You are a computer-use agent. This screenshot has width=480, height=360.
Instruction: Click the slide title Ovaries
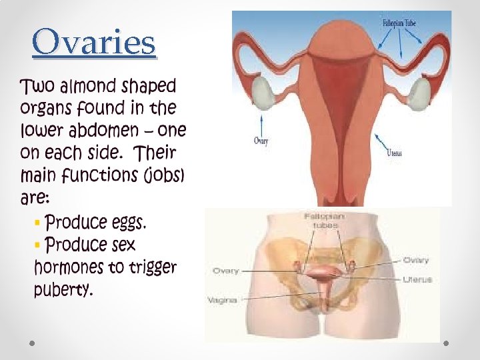pos(94,43)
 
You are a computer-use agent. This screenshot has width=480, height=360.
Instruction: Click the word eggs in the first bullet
pos(125,221)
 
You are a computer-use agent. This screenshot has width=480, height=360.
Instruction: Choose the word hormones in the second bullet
pos(68,267)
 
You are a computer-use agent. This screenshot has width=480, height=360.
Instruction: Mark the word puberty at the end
pos(63,290)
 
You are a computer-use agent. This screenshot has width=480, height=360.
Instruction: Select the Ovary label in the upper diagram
pos(261,141)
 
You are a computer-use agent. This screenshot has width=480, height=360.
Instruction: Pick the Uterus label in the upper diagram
pos(395,153)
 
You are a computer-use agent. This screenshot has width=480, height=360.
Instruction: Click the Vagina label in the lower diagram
pos(223,300)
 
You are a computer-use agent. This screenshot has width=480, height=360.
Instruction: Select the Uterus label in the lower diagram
pos(417,279)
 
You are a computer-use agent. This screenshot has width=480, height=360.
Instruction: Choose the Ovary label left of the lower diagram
pos(226,271)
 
